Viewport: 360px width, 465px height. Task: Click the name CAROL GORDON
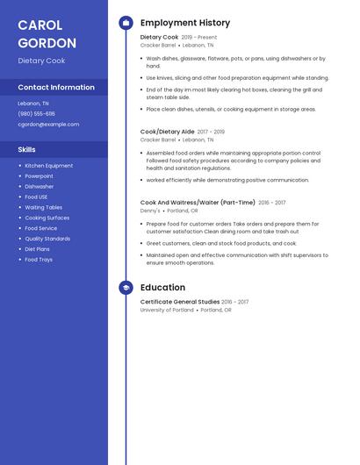point(47,33)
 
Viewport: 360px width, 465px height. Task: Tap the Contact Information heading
point(56,88)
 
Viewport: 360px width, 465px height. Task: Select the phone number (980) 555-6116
point(36,114)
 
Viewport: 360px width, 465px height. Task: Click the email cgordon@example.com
point(48,125)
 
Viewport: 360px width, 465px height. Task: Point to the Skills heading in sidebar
point(26,150)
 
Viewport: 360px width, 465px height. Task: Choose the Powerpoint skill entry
point(39,176)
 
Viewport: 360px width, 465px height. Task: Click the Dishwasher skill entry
point(39,187)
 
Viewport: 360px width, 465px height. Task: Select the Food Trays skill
point(39,260)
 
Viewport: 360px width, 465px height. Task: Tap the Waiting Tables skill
point(43,208)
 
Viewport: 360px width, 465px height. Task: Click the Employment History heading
point(184,23)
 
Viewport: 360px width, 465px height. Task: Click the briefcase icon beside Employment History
point(126,23)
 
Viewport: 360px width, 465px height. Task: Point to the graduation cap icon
point(126,288)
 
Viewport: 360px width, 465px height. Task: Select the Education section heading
point(162,288)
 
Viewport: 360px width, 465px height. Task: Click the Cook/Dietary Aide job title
point(167,132)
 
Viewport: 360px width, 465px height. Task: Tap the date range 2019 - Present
point(199,38)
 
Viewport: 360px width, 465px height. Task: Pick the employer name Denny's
point(150,211)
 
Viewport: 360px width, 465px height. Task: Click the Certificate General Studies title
point(179,302)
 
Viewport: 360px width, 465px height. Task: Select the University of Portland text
point(167,310)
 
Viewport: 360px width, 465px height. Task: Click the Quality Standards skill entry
point(47,239)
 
